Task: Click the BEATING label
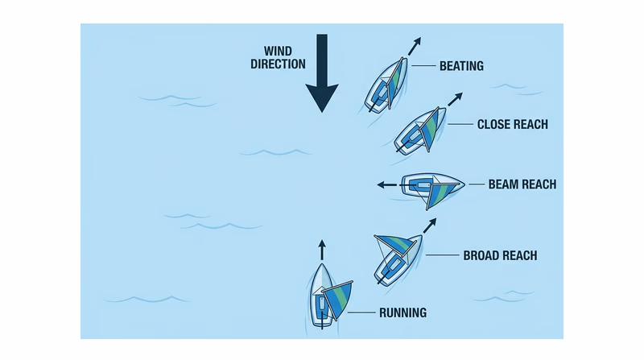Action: pos(460,66)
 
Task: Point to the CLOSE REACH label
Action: pos(512,124)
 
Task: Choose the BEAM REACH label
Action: pos(522,184)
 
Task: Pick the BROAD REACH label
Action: pos(500,256)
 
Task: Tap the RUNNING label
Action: pos(402,312)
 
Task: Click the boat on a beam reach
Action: pos(431,187)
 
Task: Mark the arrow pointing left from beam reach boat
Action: pos(387,184)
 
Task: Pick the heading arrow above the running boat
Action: pos(322,248)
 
